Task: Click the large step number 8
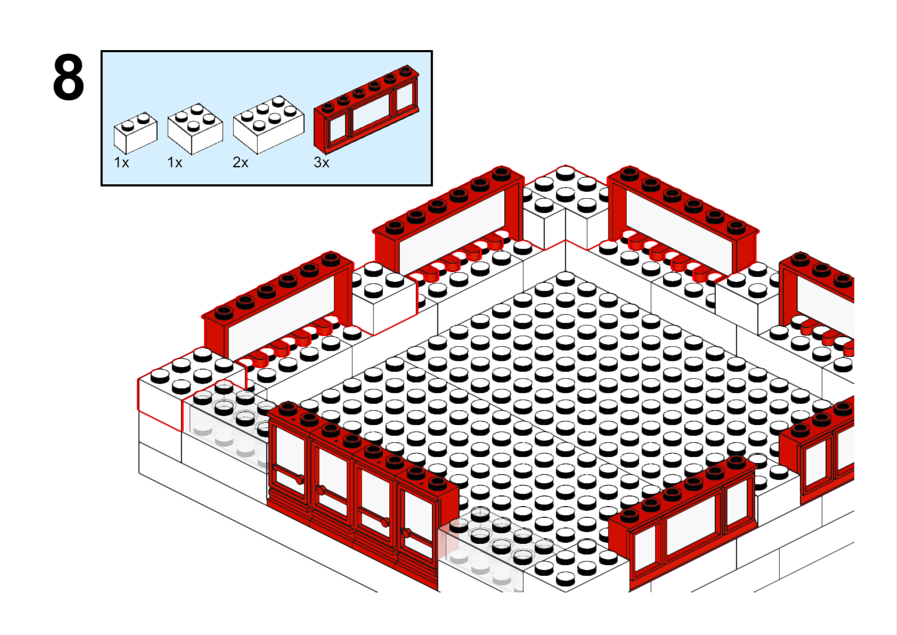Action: (x=69, y=77)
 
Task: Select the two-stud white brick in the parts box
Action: (x=135, y=133)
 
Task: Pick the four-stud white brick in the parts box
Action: (x=195, y=129)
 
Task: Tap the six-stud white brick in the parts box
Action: (x=268, y=124)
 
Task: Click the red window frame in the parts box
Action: (x=366, y=109)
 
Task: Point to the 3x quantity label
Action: (x=322, y=162)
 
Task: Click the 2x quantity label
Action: (x=240, y=162)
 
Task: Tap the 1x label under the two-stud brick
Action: (x=121, y=162)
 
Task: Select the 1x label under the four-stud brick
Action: (x=175, y=162)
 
